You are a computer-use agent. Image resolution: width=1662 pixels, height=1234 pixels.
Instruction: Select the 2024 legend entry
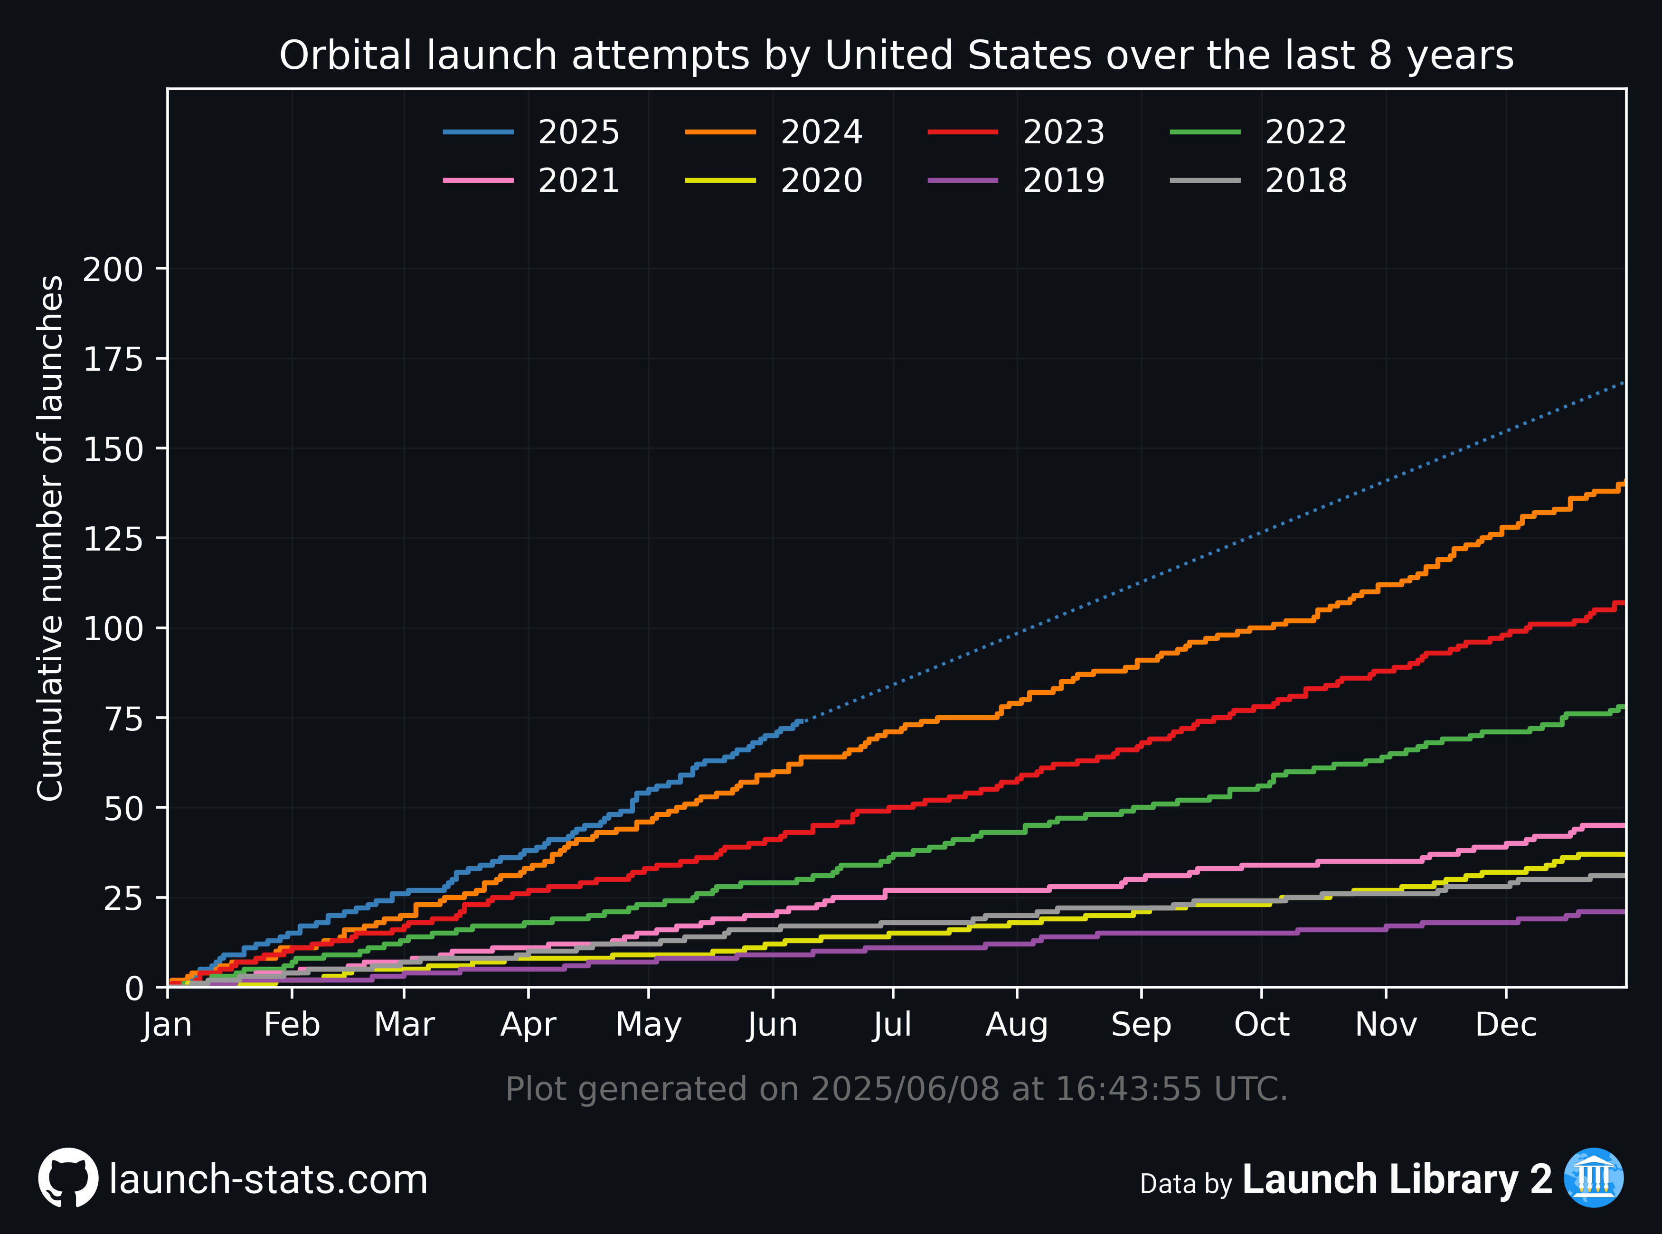point(774,132)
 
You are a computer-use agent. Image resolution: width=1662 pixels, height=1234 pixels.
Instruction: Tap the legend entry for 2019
point(1016,180)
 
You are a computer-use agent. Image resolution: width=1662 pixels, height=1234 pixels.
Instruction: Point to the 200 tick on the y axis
point(113,269)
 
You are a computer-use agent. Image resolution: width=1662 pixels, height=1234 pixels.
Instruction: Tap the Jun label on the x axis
point(773,1024)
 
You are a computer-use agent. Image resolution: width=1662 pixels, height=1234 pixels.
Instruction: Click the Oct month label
point(1261,1024)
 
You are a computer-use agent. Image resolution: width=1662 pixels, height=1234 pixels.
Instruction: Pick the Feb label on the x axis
point(292,1024)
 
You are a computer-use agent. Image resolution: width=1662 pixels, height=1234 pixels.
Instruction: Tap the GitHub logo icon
point(68,1178)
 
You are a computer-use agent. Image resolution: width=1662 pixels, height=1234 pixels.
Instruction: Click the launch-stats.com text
point(268,1179)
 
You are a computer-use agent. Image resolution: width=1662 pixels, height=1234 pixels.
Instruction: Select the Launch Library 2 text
point(1397,1179)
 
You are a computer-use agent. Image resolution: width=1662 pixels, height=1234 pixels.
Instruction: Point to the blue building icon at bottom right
point(1594,1178)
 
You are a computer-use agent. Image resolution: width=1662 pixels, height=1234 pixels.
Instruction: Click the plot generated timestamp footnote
point(897,1089)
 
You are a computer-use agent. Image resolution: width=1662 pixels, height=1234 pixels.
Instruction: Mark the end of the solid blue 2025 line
point(801,721)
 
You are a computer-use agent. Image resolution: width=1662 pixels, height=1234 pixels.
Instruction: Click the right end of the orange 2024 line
point(1624,483)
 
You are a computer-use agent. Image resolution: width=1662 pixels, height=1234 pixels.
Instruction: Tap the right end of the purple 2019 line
point(1624,911)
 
